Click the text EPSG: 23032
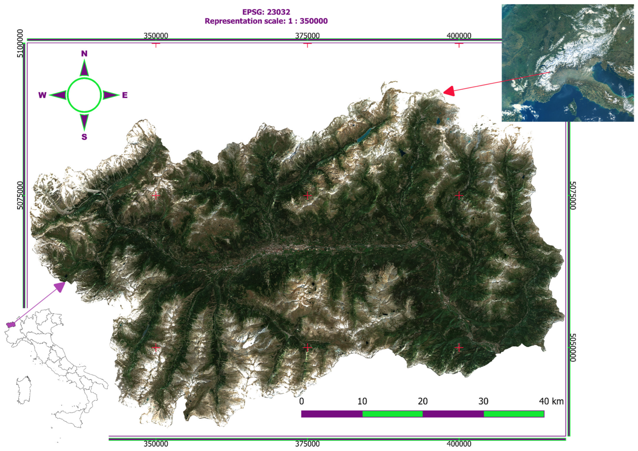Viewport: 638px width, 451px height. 266,12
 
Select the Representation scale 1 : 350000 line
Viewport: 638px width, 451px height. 266,21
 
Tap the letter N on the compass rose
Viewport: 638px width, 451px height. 84,54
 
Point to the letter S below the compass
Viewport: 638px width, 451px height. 84,137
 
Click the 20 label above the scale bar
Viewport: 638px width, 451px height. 423,401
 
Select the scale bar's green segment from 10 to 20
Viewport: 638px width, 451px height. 392,414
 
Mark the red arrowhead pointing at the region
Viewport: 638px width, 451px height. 449,91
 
